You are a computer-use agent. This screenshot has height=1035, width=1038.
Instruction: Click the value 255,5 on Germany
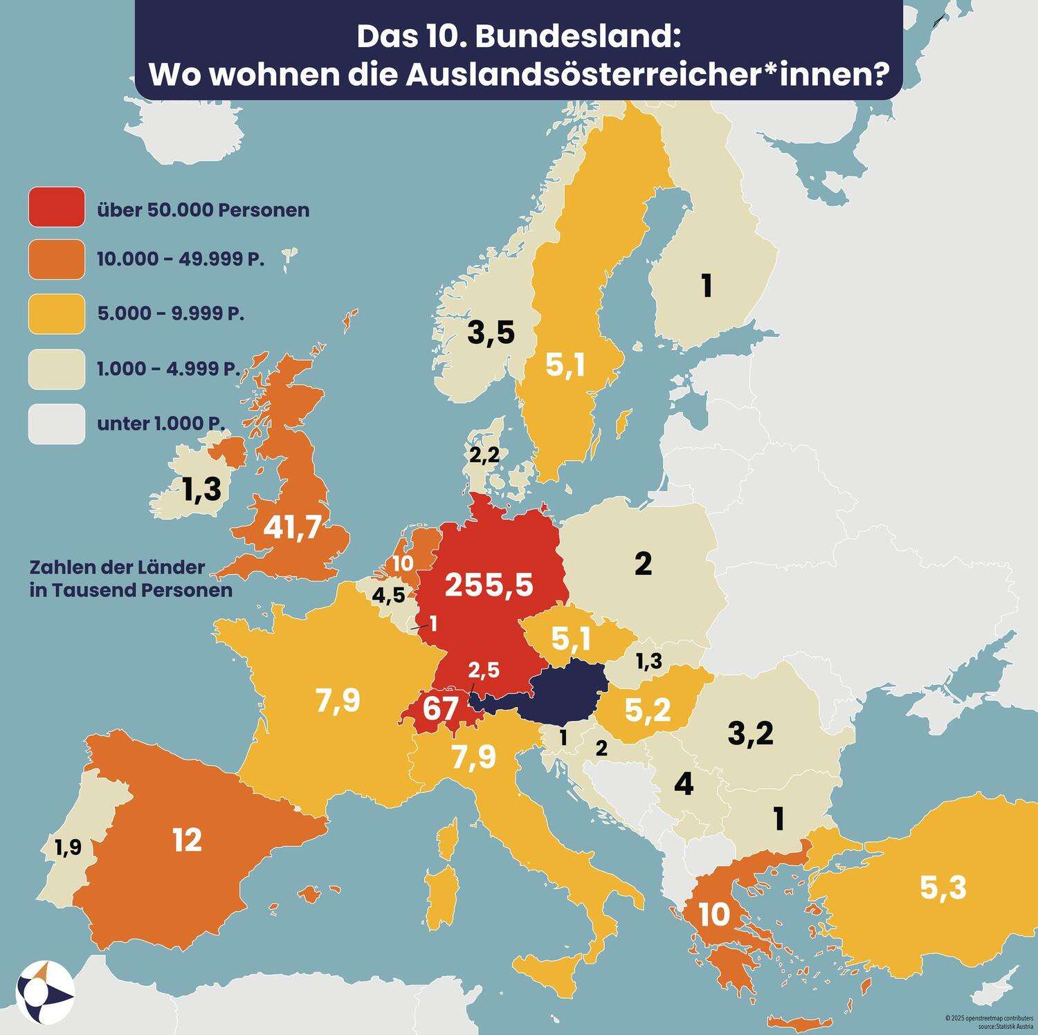tap(489, 585)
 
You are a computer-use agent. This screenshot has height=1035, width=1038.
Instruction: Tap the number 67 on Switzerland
tap(440, 709)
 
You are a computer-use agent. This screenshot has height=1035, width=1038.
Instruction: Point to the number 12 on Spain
tap(187, 840)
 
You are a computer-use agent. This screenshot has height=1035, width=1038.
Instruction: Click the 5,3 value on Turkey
tap(943, 887)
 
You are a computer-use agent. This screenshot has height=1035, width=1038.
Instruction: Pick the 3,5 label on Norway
tap(491, 333)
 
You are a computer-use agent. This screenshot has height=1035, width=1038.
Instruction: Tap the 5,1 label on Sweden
tap(565, 366)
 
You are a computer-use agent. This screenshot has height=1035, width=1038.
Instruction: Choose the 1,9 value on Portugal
tap(68, 847)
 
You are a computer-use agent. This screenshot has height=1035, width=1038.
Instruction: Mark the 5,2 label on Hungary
tap(647, 710)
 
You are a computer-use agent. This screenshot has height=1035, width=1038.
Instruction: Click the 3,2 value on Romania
tap(750, 733)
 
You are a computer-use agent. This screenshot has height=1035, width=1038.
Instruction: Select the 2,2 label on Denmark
tap(484, 455)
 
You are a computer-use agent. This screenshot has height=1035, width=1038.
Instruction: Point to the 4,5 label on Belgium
tap(388, 595)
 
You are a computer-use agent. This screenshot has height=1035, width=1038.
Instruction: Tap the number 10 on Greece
tap(714, 915)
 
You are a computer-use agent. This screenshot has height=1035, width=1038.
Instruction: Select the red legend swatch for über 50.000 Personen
tap(57, 207)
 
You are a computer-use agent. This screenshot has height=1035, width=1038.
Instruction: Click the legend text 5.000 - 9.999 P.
tap(170, 313)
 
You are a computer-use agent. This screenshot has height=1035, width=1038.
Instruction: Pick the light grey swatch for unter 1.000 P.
tap(57, 423)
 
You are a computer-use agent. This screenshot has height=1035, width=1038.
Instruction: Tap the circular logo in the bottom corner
tap(45, 992)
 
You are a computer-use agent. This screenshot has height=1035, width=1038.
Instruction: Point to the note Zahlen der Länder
tap(117, 567)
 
